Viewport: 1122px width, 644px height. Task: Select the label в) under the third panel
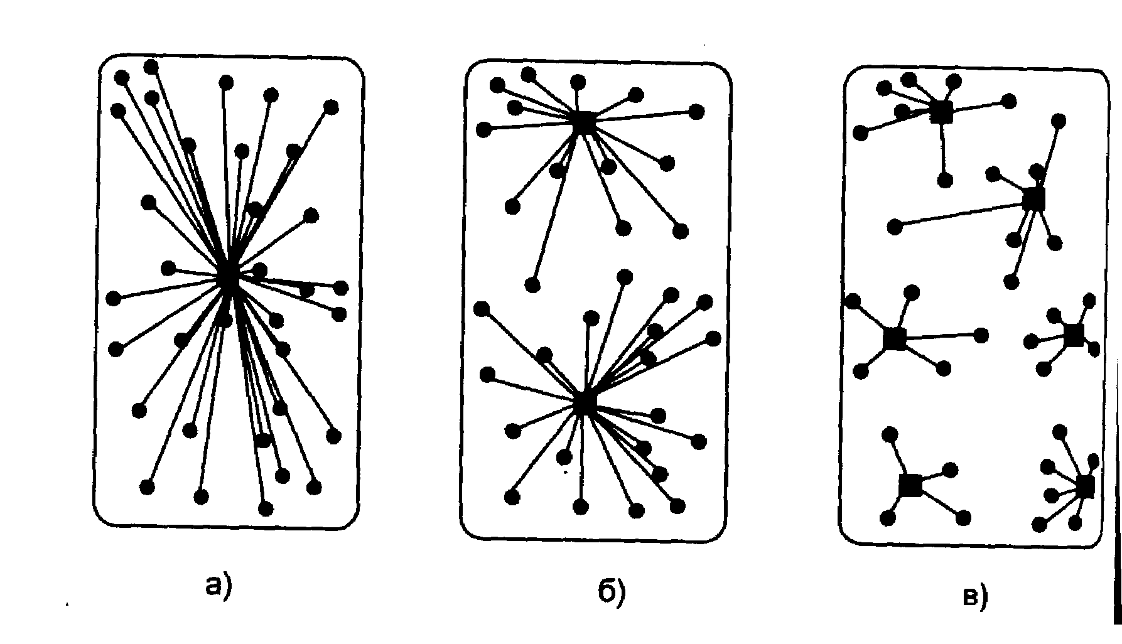click(975, 596)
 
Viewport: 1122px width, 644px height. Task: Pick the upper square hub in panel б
click(583, 122)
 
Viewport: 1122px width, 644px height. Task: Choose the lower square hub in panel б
click(585, 401)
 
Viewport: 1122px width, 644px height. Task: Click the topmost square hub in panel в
click(941, 112)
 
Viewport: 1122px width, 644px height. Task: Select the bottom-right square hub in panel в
click(1084, 486)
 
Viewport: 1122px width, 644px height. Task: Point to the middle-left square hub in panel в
click(895, 338)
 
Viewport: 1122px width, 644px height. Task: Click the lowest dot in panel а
click(266, 508)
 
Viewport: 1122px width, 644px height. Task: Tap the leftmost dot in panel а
click(114, 298)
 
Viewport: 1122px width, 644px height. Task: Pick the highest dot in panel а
click(151, 67)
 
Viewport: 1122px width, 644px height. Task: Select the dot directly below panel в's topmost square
click(945, 181)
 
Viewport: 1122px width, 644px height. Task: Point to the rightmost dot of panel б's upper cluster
click(696, 112)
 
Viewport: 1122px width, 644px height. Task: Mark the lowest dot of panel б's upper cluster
click(532, 286)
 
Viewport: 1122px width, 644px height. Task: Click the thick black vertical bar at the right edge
click(1117, 502)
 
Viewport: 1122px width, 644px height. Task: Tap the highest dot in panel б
click(529, 75)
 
